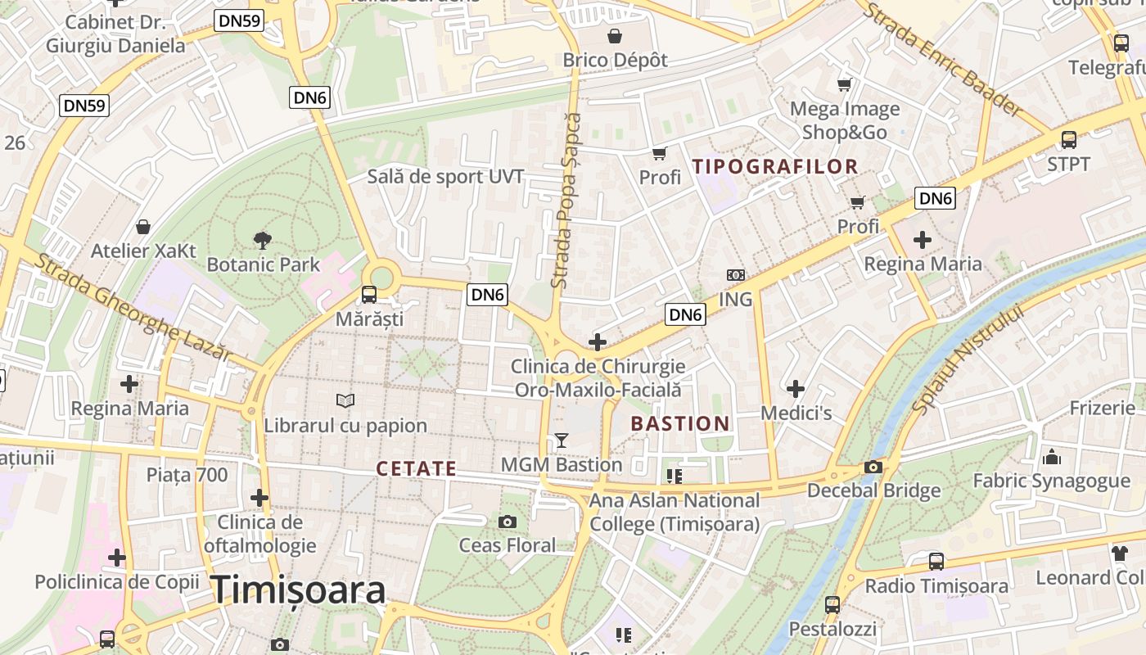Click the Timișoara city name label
(x=299, y=589)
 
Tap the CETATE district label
(x=416, y=468)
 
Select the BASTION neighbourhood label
(x=679, y=423)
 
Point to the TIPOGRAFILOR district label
(x=774, y=166)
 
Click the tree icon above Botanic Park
(x=263, y=240)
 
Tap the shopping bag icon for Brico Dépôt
(x=615, y=36)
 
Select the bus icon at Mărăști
(x=369, y=294)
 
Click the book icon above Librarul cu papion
(x=345, y=400)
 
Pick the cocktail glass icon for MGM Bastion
(x=561, y=440)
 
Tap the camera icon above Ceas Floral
(x=508, y=522)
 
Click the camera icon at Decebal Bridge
(x=873, y=467)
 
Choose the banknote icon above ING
(x=735, y=275)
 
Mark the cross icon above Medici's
(x=795, y=389)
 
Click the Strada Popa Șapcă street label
(x=566, y=201)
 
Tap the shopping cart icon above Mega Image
(x=844, y=84)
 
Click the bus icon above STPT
(x=1068, y=139)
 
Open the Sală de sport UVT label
(x=445, y=176)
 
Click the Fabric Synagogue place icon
(x=1051, y=456)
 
